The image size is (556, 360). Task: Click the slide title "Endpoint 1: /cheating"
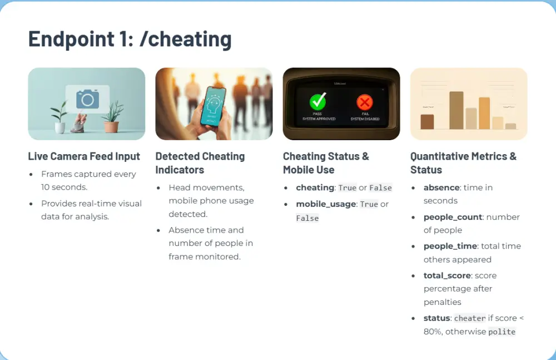click(130, 39)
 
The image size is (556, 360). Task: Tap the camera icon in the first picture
click(87, 99)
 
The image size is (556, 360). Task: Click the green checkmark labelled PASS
click(317, 102)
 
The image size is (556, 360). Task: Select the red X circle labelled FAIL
click(365, 102)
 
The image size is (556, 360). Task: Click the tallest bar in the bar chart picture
click(456, 110)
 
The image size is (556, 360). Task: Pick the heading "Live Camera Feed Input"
click(84, 156)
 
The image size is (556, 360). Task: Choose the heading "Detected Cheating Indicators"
click(200, 163)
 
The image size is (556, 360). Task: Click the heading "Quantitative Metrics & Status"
click(463, 163)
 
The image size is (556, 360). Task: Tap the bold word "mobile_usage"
click(326, 204)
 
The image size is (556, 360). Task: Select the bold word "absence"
click(441, 188)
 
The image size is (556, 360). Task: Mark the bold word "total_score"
click(448, 275)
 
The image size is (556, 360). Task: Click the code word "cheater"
click(470, 318)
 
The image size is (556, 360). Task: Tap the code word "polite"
click(502, 332)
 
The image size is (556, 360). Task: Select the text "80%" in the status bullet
click(433, 332)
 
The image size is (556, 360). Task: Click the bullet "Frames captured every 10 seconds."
click(88, 180)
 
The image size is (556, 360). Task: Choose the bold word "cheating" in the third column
click(315, 188)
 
